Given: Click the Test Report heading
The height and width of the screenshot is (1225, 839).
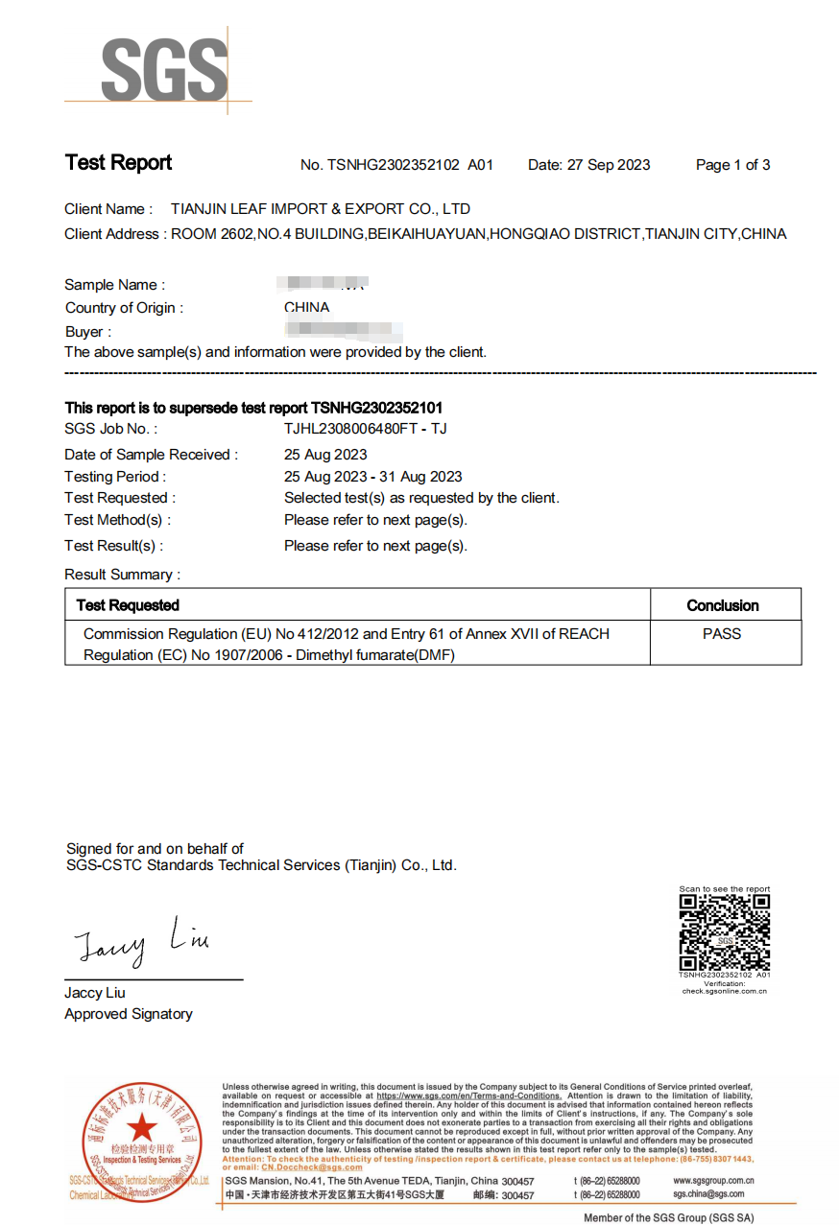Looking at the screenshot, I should [x=118, y=163].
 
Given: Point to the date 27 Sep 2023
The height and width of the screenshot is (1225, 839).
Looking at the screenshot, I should [x=608, y=165].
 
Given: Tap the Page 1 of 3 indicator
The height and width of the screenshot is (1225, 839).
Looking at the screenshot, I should [x=732, y=165].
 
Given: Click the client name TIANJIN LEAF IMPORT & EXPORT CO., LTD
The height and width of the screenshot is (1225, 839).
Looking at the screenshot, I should [x=320, y=209].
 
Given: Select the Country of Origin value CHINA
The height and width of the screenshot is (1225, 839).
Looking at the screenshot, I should [x=306, y=308].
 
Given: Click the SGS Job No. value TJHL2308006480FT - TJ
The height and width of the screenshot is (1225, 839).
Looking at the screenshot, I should [x=366, y=429].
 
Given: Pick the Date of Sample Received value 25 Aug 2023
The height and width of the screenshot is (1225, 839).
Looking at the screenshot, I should [x=325, y=455].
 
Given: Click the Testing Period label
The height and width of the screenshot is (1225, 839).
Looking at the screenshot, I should [x=115, y=477].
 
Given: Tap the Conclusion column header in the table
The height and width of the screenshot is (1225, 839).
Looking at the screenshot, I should [x=723, y=605].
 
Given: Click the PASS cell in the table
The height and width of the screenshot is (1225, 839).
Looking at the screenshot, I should [x=722, y=634].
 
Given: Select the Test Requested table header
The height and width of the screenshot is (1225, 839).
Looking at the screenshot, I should [x=128, y=605].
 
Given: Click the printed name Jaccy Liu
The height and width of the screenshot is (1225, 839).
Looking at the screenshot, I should [x=95, y=993].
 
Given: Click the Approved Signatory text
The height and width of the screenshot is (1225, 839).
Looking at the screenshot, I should [x=129, y=1014].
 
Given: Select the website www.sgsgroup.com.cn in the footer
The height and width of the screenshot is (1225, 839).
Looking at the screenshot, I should [x=713, y=1181].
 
